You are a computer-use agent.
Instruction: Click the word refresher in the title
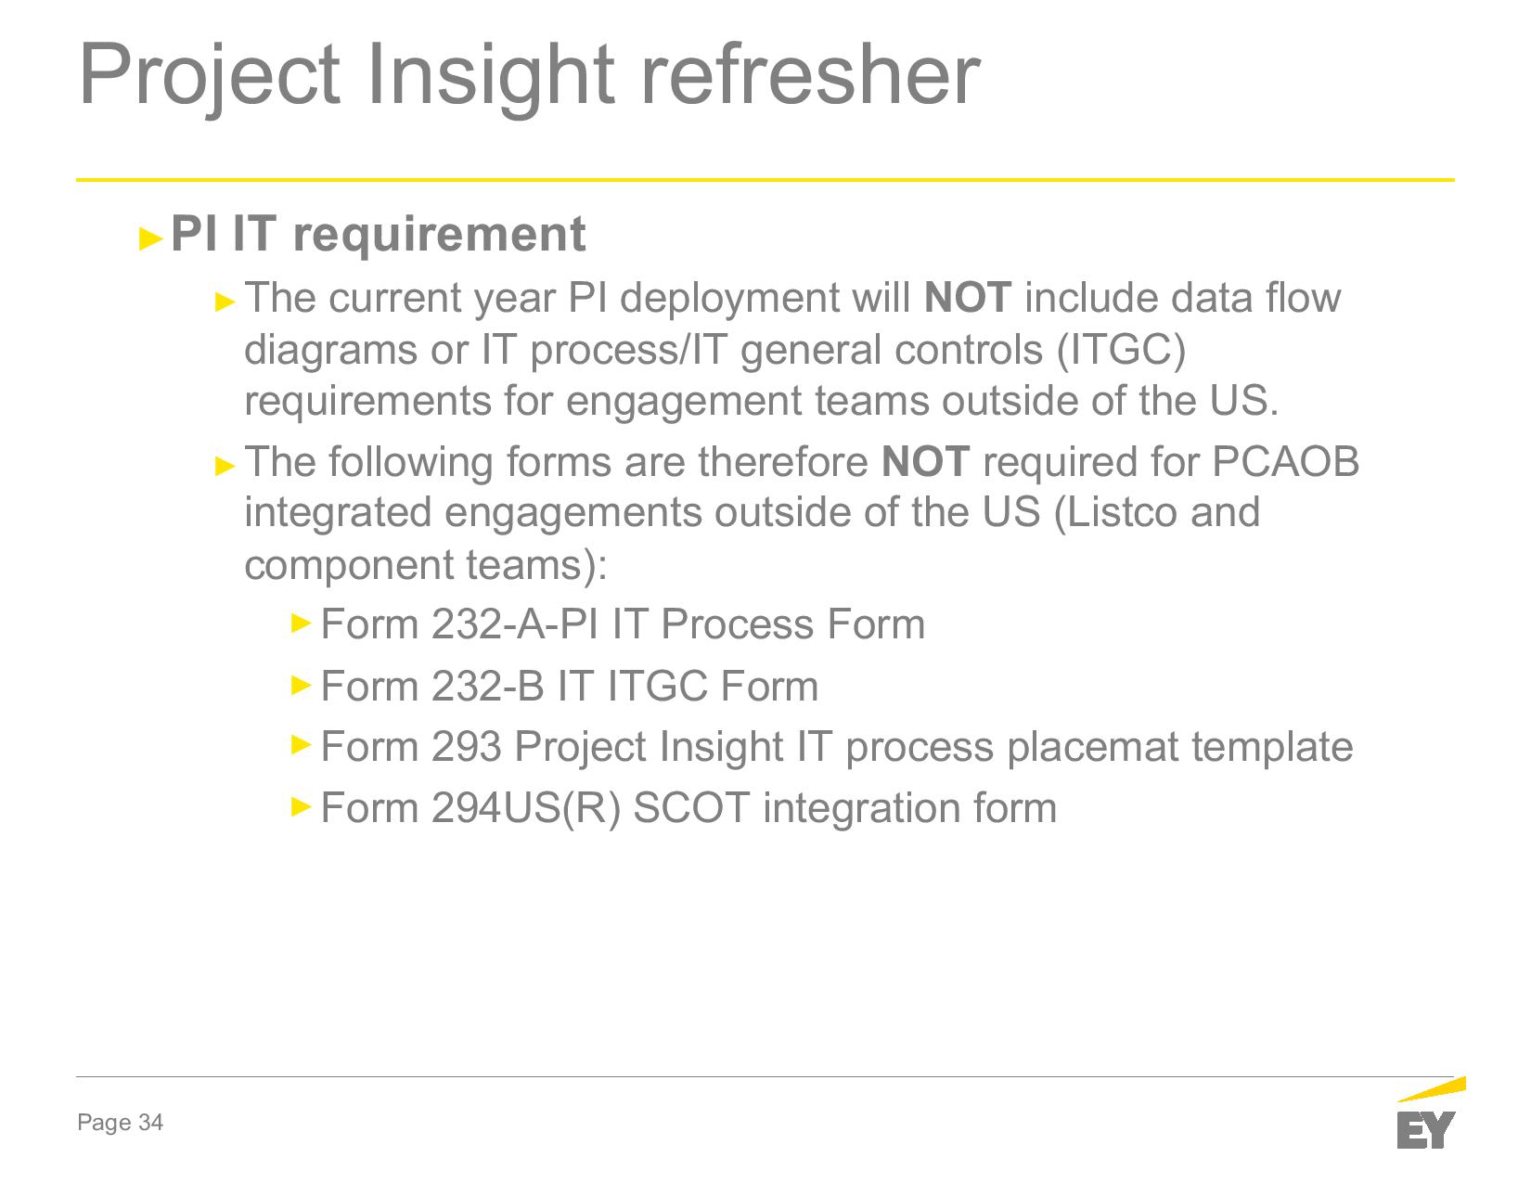coord(809,73)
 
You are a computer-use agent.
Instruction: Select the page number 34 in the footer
coord(150,1123)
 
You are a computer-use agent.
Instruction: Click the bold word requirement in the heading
coord(439,236)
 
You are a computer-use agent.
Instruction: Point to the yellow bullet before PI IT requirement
coord(150,238)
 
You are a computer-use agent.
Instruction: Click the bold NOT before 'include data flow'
coord(968,297)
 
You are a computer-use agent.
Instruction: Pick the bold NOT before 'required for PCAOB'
coord(925,461)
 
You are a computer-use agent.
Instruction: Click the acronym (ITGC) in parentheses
coord(1122,350)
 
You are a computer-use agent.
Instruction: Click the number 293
coord(466,747)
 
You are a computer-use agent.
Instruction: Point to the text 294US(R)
coord(525,808)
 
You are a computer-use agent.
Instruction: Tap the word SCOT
coord(691,808)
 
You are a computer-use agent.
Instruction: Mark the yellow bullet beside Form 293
coord(301,744)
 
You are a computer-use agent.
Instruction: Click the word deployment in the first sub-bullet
coord(729,299)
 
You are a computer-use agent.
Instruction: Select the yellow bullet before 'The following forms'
coord(225,466)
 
